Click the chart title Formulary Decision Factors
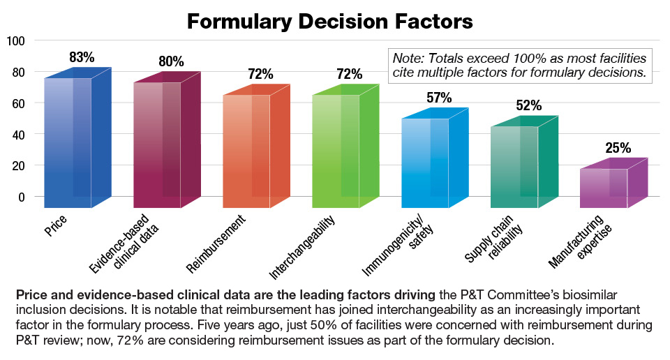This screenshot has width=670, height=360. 329,21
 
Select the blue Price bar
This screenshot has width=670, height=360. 68,143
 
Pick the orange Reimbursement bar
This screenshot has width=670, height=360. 246,151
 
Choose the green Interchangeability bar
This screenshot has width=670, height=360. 336,151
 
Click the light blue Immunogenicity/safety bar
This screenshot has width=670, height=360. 425,163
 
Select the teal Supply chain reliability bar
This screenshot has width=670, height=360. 514,167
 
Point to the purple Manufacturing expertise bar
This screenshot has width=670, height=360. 604,188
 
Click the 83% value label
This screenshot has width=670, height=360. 82,58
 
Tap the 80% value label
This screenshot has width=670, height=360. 170,62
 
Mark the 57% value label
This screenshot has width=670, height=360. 439,98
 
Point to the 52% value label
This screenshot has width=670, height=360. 528,105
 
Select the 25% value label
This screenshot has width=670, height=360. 618,148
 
